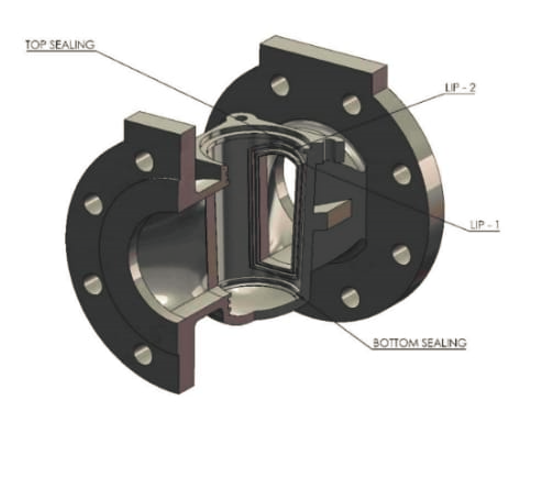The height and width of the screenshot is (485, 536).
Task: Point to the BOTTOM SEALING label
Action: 420,344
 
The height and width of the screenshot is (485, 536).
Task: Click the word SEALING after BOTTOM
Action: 444,344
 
